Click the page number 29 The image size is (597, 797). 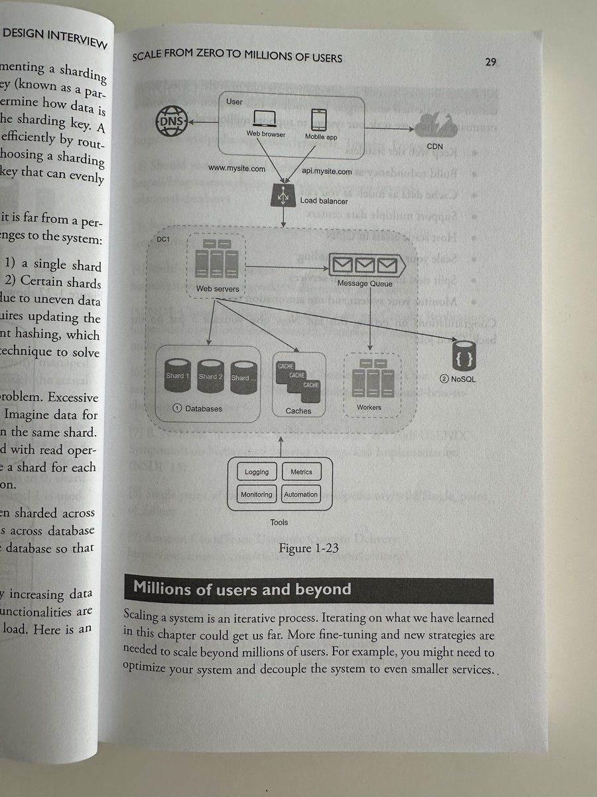tap(491, 62)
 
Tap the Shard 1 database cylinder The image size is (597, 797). tap(177, 375)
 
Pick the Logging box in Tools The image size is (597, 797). tap(257, 472)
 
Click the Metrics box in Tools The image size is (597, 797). tap(301, 472)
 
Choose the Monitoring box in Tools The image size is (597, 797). tap(257, 494)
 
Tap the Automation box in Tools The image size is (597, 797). tap(301, 494)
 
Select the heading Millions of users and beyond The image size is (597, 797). tap(242, 589)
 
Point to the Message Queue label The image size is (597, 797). tap(364, 284)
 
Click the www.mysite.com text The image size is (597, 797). tap(237, 169)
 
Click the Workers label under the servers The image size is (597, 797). tap(369, 406)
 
